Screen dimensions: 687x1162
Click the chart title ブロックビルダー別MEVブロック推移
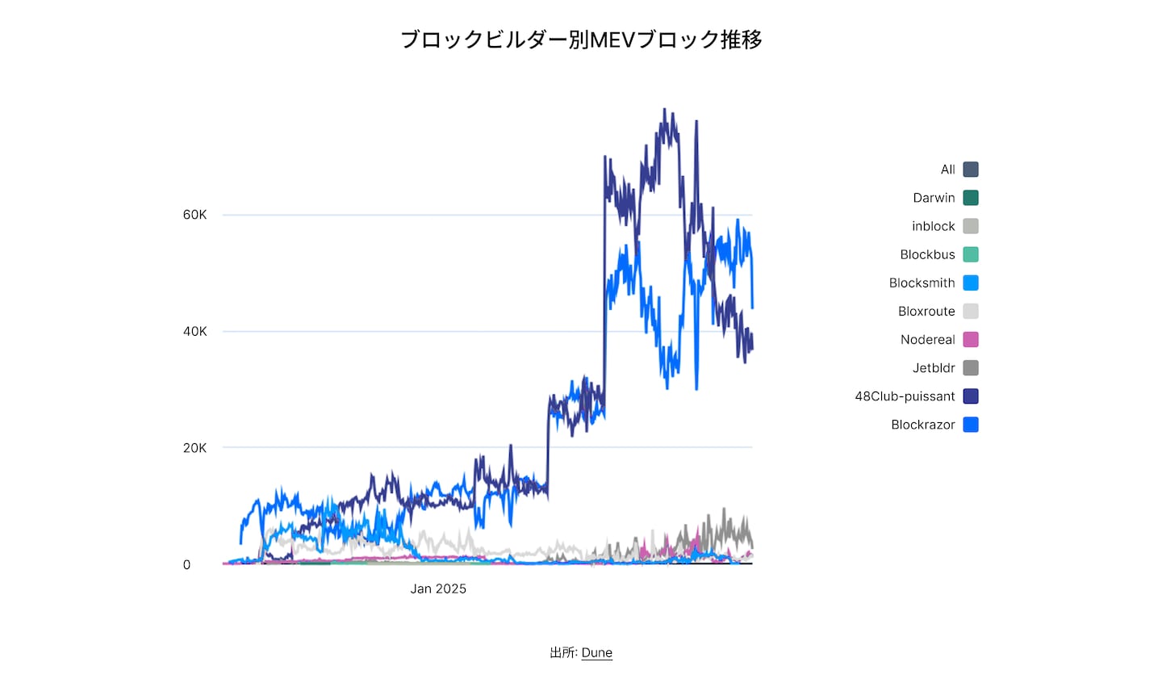[x=581, y=40]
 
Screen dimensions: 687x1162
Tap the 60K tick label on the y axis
[x=194, y=215]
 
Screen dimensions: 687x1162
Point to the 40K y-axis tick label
[x=194, y=331]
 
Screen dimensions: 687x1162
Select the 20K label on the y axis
[x=194, y=448]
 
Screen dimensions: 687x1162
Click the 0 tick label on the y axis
[x=186, y=565]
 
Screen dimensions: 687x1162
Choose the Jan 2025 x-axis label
[x=438, y=589]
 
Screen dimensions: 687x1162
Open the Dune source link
[x=596, y=652]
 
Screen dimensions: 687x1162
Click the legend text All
[x=947, y=170]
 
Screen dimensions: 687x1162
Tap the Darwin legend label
[x=934, y=198]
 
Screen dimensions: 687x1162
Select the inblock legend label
[x=933, y=226]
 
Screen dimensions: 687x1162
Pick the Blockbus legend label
[x=927, y=254]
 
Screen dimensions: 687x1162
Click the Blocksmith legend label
[x=922, y=283]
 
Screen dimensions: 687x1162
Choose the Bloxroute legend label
[x=926, y=311]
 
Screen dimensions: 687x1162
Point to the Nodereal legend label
[x=927, y=340]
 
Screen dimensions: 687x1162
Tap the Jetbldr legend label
[x=934, y=368]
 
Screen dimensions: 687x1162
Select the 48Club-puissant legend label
[x=905, y=396]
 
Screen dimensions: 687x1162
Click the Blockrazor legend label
[x=922, y=425]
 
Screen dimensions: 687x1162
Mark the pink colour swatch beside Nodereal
[x=971, y=340]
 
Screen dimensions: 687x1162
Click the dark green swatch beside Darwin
[x=971, y=198]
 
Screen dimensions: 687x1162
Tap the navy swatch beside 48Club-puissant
[x=971, y=396]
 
